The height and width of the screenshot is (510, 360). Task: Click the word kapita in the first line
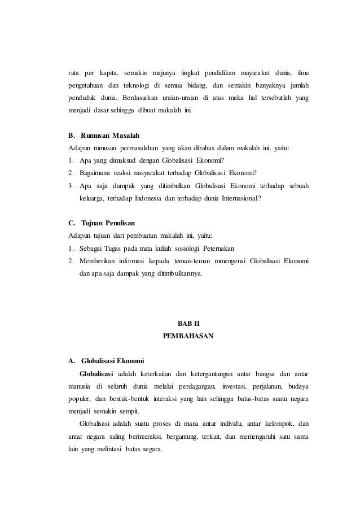click(106, 73)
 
